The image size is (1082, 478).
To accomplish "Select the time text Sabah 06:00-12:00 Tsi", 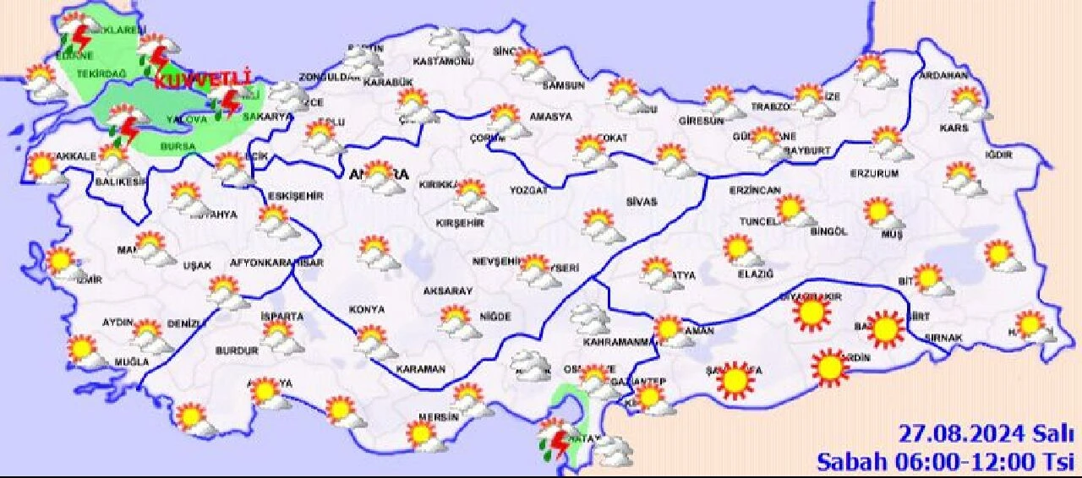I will pos(945,461).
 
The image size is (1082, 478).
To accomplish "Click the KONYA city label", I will pos(365,310).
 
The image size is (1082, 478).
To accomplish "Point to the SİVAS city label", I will pos(641,202).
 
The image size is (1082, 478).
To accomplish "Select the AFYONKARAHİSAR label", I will pos(276,263).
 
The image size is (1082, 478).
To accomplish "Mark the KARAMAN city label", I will pos(421,369).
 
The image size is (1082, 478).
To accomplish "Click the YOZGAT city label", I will pos(528,191).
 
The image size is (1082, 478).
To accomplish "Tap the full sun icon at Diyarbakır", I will pos(812,313).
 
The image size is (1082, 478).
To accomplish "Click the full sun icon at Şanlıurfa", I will pos(735,380).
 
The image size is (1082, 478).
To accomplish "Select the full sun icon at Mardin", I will pos(829,367).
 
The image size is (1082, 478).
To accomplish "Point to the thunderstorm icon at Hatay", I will pos(555,441).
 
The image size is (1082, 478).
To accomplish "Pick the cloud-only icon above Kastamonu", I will pos(449,40).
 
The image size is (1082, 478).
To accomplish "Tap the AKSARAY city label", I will pos(447,291).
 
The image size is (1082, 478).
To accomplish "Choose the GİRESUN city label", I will pos(701,121).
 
